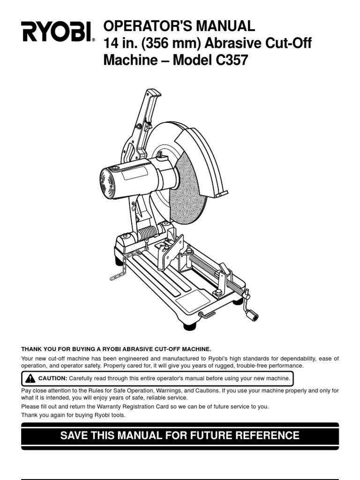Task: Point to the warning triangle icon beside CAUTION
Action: point(31,378)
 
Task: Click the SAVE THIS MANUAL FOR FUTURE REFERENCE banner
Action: point(180,435)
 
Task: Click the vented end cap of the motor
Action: point(108,183)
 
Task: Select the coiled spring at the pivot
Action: point(147,232)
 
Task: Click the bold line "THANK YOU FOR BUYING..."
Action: point(116,349)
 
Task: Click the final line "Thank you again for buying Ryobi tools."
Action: point(74,415)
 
